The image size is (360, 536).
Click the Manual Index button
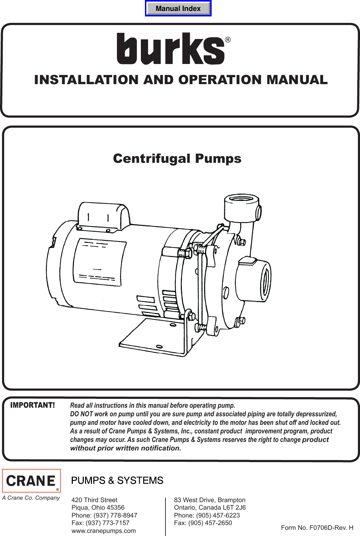178,9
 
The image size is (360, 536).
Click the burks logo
171,49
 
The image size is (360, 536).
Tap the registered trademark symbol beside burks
228,40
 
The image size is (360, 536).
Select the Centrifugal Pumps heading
177,158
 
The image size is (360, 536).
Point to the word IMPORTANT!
32,405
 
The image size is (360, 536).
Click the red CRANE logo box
31,481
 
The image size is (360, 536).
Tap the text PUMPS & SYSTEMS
117,481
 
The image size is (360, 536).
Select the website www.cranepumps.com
104,531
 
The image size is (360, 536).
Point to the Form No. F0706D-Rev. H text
317,528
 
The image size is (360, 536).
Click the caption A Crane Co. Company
31,498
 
